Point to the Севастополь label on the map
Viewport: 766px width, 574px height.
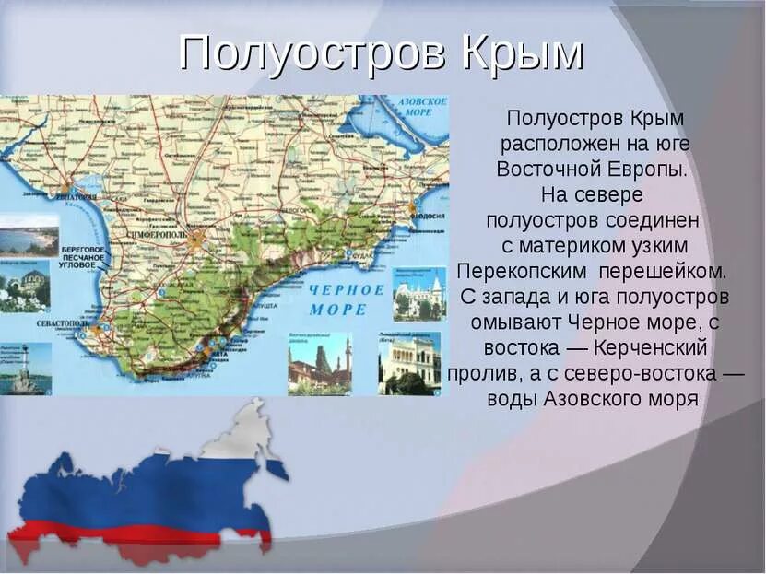coord(63,325)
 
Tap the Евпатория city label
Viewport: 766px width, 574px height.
coord(76,196)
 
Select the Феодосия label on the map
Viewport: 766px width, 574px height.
coord(427,216)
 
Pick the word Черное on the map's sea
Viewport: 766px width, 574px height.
coord(347,288)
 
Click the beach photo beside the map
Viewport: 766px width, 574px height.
coord(27,236)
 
